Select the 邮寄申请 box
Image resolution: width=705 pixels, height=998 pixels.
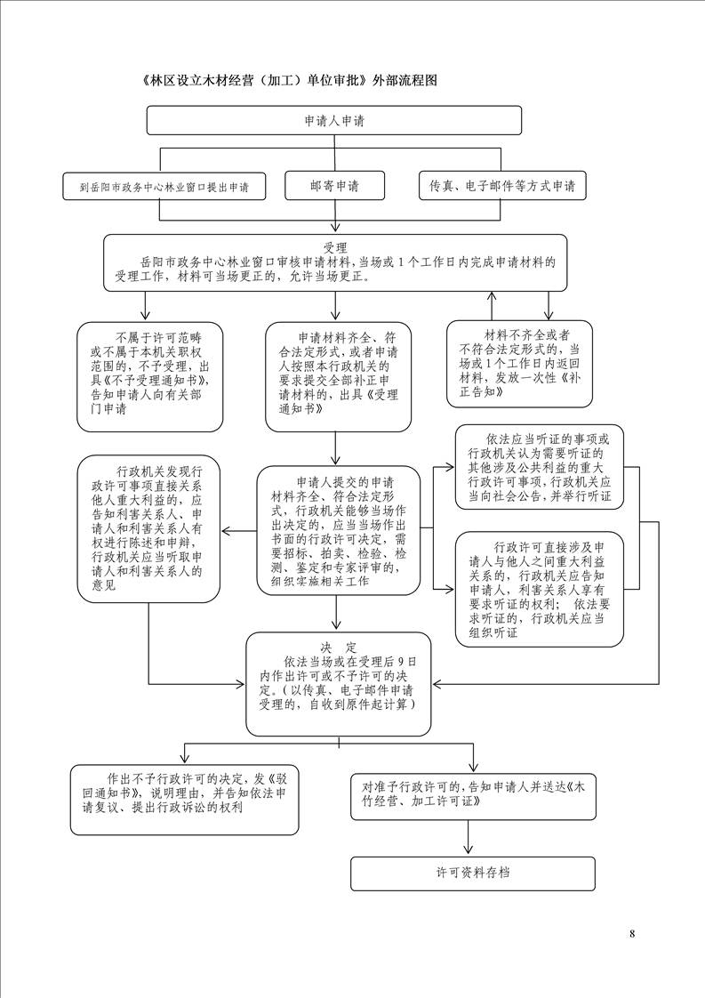click(x=334, y=186)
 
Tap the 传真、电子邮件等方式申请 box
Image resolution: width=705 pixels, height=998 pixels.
click(x=501, y=186)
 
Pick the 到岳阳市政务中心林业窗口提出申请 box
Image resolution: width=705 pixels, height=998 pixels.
click(x=164, y=188)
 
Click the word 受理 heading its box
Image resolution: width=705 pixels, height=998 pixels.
click(x=335, y=247)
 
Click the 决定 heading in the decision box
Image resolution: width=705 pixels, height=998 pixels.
click(x=340, y=647)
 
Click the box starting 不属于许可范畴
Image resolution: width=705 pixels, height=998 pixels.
click(x=149, y=375)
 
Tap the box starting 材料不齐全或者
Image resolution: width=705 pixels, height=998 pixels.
click(x=520, y=364)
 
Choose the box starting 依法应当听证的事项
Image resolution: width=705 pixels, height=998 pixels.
click(x=539, y=468)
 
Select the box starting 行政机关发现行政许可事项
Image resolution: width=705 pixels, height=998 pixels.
click(x=148, y=527)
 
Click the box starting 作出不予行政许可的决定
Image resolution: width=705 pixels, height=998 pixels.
click(x=184, y=798)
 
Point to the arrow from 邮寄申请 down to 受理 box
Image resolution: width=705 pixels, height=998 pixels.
click(x=334, y=219)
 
